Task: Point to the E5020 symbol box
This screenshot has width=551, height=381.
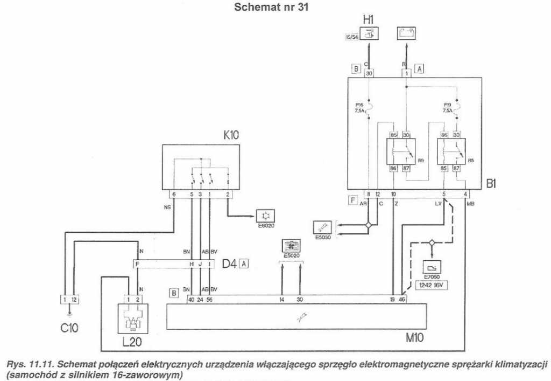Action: pyautogui.click(x=291, y=246)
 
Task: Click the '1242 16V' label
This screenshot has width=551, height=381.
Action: pyautogui.click(x=432, y=286)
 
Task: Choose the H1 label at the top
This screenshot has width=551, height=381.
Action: pyautogui.click(x=369, y=20)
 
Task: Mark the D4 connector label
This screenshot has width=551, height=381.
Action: pyautogui.click(x=230, y=264)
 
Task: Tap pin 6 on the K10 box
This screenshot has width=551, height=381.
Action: pyautogui.click(x=174, y=194)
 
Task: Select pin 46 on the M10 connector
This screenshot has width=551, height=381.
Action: pyautogui.click(x=402, y=299)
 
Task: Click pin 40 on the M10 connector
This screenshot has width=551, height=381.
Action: pyautogui.click(x=190, y=299)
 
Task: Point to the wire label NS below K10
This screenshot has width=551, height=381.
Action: pyautogui.click(x=167, y=205)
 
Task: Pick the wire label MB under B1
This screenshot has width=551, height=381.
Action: pyautogui.click(x=471, y=204)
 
